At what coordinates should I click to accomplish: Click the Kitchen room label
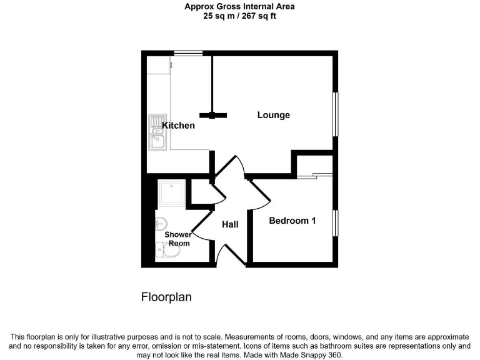(x=178, y=126)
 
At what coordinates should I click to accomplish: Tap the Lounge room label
(x=274, y=115)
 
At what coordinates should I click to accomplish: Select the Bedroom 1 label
(x=292, y=221)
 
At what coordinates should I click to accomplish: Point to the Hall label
(x=230, y=224)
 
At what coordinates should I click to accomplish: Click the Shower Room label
(x=178, y=239)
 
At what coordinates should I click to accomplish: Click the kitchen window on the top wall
(x=188, y=54)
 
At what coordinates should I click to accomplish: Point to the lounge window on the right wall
(x=335, y=114)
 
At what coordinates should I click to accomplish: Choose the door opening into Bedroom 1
(x=260, y=194)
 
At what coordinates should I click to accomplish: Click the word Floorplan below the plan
(x=166, y=297)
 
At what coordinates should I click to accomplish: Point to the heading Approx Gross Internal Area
(x=240, y=7)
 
